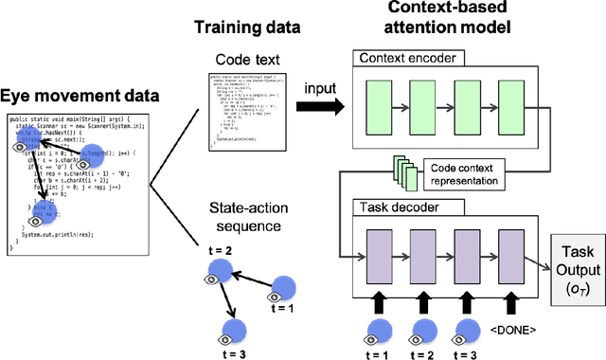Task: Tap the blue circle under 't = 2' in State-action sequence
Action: [x=221, y=272]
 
